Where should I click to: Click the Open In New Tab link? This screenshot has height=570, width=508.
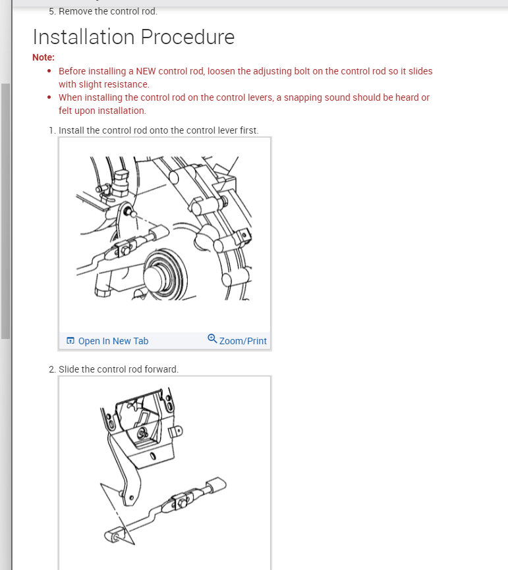coord(113,341)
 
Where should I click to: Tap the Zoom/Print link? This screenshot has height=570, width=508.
coord(242,341)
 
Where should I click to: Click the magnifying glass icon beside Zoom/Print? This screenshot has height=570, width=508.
coord(212,339)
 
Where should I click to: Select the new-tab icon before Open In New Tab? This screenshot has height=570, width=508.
coord(71,341)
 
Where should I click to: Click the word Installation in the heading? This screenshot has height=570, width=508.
coord(84,37)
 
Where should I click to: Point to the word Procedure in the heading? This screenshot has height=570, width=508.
coord(188,37)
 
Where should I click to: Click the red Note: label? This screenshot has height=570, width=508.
coord(43,57)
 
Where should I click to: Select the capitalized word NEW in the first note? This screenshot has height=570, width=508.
coord(146,71)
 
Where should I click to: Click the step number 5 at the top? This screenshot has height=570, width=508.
coord(53,12)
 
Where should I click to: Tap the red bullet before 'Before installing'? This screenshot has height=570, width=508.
coord(49,71)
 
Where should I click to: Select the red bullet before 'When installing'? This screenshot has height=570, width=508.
coord(49,97)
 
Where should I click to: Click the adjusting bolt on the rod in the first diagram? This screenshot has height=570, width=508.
coord(125,250)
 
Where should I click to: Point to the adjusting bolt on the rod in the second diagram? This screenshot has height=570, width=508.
coord(183,503)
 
